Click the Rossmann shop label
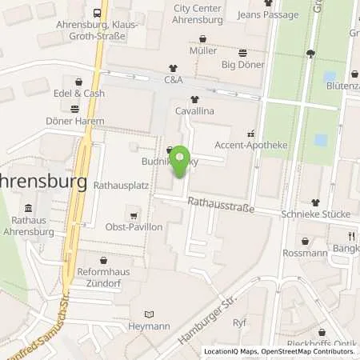coord(306,253)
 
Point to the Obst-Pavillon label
coord(134,227)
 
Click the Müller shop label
coord(203,50)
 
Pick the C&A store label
coord(173,80)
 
